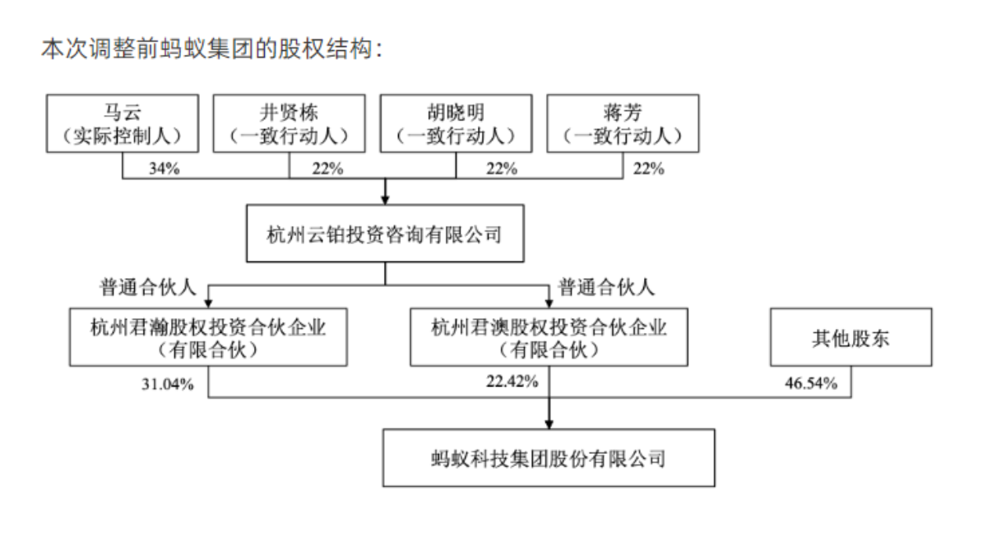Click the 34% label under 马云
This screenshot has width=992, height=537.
165,169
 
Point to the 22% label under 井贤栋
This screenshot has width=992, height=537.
327,169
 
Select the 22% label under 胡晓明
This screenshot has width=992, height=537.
502,169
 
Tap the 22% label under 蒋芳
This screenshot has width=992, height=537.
649,169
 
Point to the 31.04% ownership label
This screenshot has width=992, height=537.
168,384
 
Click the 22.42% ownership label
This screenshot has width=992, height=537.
512,382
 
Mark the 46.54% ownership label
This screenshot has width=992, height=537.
811,383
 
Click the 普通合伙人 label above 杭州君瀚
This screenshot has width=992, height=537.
148,287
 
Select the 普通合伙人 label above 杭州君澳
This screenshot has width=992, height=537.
606,287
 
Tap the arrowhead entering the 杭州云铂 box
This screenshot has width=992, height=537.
385,200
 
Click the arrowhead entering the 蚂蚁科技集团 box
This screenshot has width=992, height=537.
549,424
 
